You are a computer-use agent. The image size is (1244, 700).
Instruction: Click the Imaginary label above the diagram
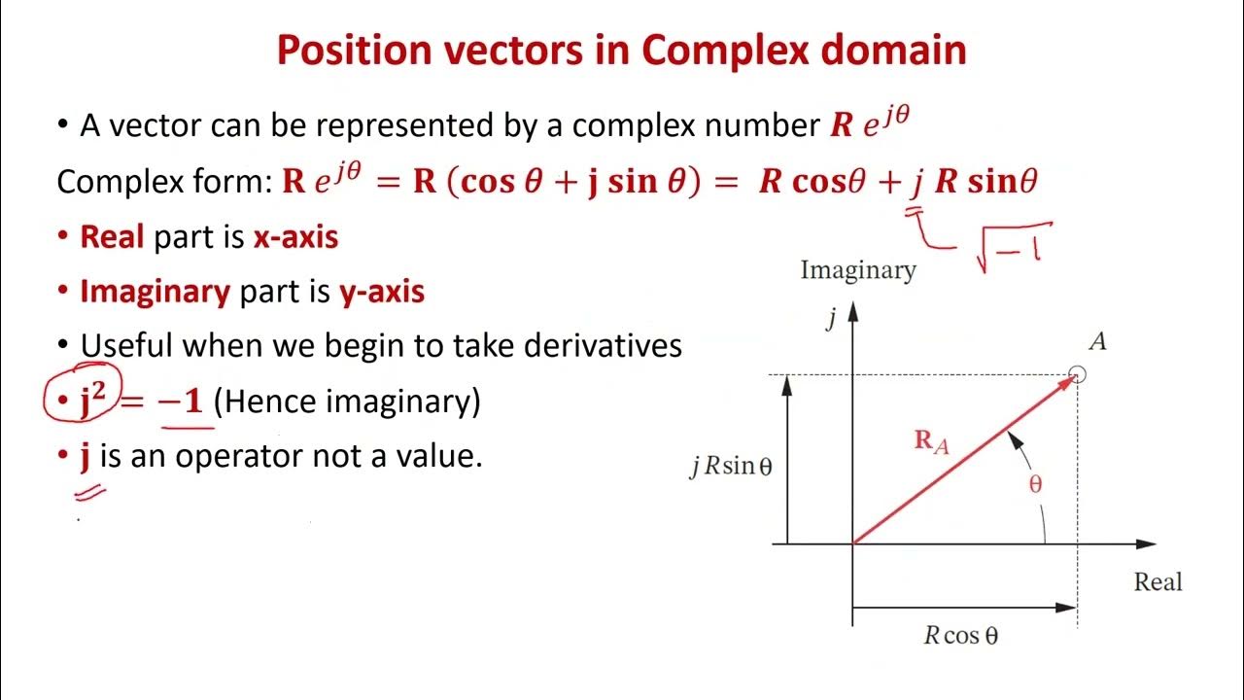(x=857, y=270)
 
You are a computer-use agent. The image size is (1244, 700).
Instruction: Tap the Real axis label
(x=1158, y=582)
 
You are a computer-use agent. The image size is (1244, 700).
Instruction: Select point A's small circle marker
(x=1077, y=374)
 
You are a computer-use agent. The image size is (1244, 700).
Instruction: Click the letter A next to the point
(x=1098, y=341)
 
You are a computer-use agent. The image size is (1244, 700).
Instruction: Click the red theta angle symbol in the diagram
(x=1035, y=484)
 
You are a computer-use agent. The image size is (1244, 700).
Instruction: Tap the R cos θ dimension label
(x=960, y=636)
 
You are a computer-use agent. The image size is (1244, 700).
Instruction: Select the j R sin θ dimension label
(x=731, y=467)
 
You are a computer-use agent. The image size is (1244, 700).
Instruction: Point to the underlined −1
(x=181, y=402)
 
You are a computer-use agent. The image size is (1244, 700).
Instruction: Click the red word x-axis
(x=295, y=237)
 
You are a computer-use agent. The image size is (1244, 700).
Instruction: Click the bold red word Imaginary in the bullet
(x=155, y=292)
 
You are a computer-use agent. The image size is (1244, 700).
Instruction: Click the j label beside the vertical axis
(x=832, y=319)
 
